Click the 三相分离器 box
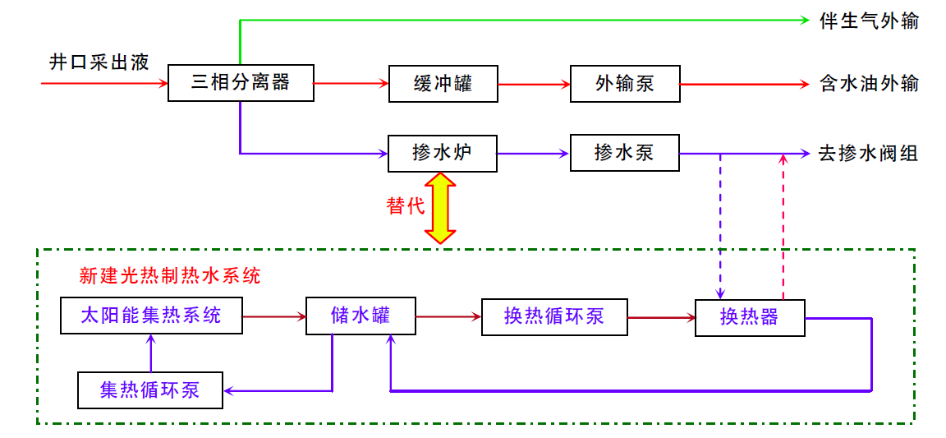(x=241, y=83)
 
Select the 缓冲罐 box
(x=443, y=83)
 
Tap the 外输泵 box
(x=625, y=83)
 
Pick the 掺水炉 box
(x=443, y=153)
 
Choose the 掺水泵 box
(x=625, y=153)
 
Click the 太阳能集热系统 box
(x=152, y=316)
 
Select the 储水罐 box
(x=360, y=316)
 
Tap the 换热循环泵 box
(x=554, y=316)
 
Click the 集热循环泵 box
(x=150, y=390)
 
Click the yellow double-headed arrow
(x=441, y=208)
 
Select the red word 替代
(x=406, y=205)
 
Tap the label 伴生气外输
(x=869, y=21)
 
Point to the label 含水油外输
(x=869, y=83)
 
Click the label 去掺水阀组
(x=869, y=153)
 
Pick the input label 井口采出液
(x=99, y=62)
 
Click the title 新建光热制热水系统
(x=170, y=276)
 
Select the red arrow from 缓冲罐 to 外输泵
(x=534, y=84)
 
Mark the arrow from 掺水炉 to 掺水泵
(x=534, y=154)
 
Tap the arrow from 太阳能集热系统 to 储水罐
(x=274, y=316)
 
